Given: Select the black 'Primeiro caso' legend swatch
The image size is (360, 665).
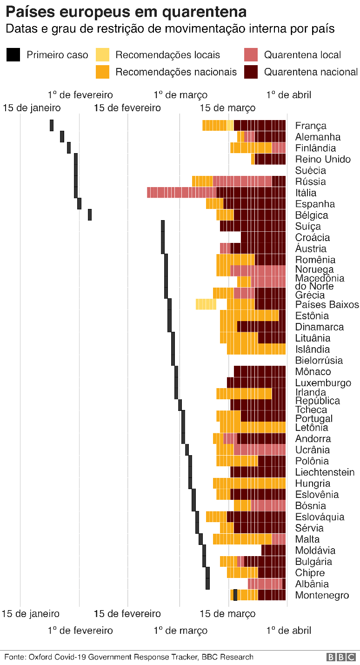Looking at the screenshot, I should click(13, 55).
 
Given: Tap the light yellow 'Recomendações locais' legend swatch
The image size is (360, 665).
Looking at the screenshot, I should click(103, 55).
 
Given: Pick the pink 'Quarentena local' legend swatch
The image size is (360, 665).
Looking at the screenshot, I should click(251, 55).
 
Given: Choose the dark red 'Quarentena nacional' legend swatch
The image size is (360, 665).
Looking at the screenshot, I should click(251, 72).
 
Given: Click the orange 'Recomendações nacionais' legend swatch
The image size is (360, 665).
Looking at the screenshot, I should click(103, 72).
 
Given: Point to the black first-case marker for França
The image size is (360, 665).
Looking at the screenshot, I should click(52, 125).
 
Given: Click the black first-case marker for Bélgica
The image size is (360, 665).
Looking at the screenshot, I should click(90, 215).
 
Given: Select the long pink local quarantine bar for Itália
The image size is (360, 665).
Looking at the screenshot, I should click(181, 192).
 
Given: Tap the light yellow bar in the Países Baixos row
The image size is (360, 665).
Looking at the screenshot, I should click(206, 304).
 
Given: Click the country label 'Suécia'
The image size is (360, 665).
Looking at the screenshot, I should click(310, 170).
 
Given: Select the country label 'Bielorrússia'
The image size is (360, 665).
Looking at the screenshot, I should click(319, 360).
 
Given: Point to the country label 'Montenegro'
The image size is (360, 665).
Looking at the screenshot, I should click(322, 595).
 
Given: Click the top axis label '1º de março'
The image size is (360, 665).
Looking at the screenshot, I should click(180, 95).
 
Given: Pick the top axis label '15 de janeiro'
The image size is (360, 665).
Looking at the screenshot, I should click(32, 108).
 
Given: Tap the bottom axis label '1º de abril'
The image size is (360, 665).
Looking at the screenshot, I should click(288, 631).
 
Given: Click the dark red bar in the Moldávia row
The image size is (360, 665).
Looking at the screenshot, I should click(273, 550).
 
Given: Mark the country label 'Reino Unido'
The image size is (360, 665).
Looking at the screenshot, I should click(323, 159).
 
